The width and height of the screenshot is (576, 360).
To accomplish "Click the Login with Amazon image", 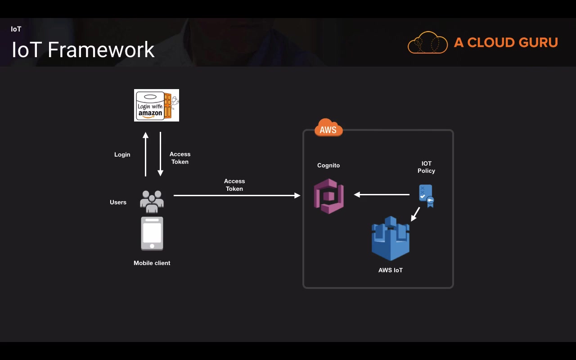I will point(156,105).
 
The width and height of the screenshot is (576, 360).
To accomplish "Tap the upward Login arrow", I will point(145,154).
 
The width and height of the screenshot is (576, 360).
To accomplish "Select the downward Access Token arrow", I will point(160,154).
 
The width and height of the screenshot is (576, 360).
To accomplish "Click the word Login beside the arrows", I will point(122,154).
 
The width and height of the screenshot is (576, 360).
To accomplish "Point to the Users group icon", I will point(152,201).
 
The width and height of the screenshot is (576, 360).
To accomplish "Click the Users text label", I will point(118,202).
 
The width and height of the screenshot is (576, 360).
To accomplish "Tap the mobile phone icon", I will point(152,234).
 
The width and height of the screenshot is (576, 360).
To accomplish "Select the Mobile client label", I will point(152,263).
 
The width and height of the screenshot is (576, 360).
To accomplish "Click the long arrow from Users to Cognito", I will point(237,195).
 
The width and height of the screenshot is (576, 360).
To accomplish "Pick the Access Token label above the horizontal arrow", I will point(234,185).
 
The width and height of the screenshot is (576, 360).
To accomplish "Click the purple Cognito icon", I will point(329,196).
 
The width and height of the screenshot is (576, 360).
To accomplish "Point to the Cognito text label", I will point(328,165).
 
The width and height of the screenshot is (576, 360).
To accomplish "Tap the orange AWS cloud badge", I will point(328,128).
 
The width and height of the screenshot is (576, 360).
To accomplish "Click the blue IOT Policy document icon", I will point(426,196).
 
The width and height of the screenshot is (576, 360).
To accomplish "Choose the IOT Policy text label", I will point(426,167).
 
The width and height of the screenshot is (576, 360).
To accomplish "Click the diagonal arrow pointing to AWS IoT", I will point(415,214).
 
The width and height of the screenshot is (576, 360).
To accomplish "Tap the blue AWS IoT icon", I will point(390,239).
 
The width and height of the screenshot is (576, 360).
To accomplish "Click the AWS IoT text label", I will point(390,270).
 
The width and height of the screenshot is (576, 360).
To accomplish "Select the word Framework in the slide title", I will point(101,49).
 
